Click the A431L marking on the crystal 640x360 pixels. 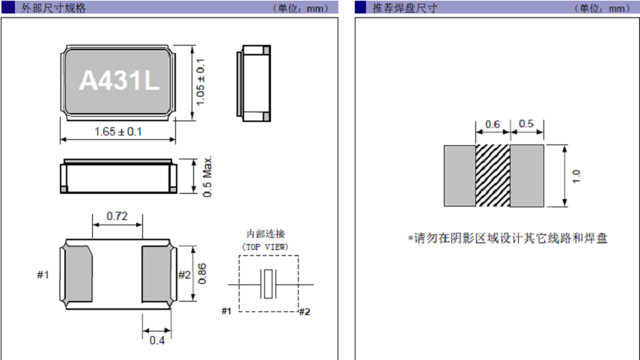point(119,81)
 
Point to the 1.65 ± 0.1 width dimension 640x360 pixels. point(118,132)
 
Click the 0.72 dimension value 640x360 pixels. point(117,217)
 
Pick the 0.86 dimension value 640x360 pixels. point(202,274)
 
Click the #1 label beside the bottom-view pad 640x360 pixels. point(43,275)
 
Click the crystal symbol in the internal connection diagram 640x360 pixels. point(268,284)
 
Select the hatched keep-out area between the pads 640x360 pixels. point(493,176)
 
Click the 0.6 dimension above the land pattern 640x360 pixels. point(493,124)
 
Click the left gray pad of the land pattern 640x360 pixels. point(460,176)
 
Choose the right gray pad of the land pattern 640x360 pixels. point(527,176)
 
